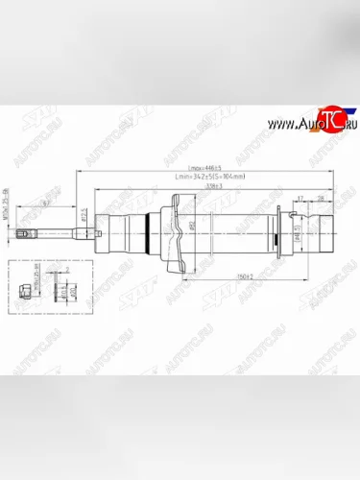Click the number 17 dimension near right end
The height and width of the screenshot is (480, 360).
coord(300,198)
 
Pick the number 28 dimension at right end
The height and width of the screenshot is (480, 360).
coord(321,198)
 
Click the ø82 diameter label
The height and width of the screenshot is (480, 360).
coord(191,228)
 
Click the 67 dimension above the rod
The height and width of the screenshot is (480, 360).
coord(45,204)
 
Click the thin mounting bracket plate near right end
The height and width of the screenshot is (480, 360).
coord(277,233)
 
